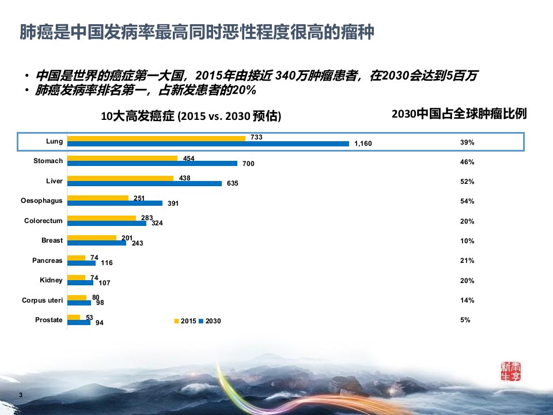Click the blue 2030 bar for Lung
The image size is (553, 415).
208,144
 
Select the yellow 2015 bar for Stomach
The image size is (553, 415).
122,158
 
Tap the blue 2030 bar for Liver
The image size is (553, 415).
145,183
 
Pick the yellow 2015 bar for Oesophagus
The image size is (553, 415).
98,198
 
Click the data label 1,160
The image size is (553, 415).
363,144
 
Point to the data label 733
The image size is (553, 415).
256,137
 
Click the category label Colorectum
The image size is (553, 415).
43,221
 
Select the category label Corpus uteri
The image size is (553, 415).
42,300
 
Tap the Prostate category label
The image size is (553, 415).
48,320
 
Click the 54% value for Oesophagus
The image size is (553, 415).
467,201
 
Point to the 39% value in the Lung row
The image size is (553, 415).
467,142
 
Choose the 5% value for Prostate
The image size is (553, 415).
465,320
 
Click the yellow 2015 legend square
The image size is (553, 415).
177,321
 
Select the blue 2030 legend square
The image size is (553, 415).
202,321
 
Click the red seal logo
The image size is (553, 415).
511,371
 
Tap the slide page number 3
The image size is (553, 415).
21,395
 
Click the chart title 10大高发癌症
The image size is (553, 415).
138,116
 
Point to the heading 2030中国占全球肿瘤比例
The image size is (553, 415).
459,114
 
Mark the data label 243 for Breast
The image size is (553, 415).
138,243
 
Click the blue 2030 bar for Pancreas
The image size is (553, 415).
81,263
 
